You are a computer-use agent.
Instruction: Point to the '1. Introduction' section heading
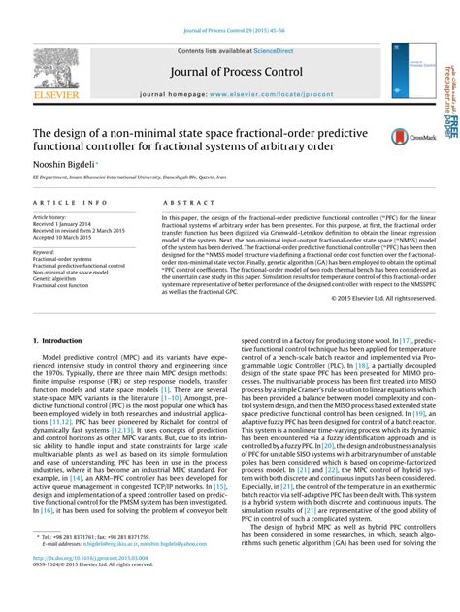(58, 341)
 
